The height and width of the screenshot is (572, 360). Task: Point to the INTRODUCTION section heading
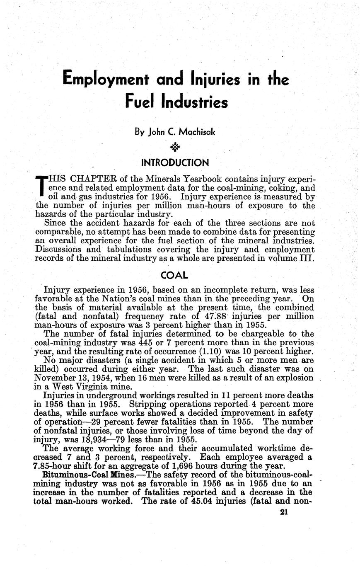[x=174, y=162]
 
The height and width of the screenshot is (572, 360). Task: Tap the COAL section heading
[x=174, y=275]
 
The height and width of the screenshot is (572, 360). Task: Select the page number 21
[x=284, y=512]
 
